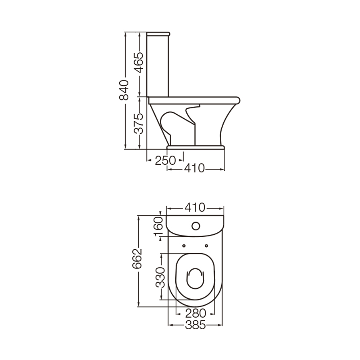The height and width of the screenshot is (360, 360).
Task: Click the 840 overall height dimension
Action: tap(124, 90)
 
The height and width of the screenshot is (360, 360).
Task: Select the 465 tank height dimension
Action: tap(139, 63)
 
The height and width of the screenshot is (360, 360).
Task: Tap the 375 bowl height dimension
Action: tap(139, 124)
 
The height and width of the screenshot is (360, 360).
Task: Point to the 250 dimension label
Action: tap(165, 160)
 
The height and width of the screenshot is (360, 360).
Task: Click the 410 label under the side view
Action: tap(194, 168)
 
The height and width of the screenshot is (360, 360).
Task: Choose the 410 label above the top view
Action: tap(195, 208)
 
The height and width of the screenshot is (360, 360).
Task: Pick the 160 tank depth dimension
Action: tap(158, 227)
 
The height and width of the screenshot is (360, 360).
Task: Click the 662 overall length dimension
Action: tap(137, 258)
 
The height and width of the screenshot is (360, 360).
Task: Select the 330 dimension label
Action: tap(160, 277)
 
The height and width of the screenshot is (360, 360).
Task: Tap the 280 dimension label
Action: tap(196, 313)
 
